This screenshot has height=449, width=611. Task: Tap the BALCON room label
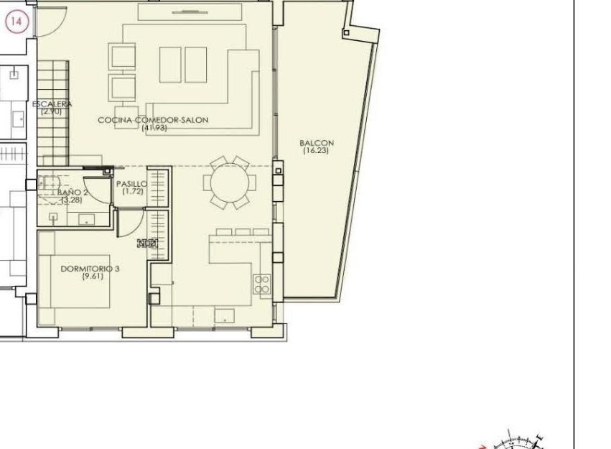(x=317, y=143)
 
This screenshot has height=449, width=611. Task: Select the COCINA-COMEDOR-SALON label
(x=153, y=120)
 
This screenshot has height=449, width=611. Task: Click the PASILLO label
(x=131, y=184)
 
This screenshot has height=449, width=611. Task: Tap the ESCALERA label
(x=52, y=104)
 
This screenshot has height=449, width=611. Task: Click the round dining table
(x=228, y=182)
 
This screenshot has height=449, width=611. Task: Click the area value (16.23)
(x=317, y=151)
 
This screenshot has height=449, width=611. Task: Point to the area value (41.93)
(x=153, y=128)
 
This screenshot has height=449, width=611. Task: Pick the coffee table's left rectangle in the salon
(x=170, y=65)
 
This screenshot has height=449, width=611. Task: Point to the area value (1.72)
(x=131, y=192)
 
